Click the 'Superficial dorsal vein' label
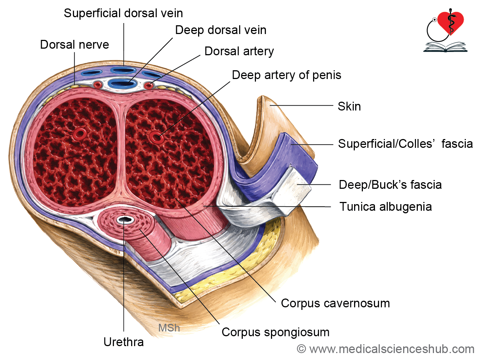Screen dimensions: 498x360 [123, 13]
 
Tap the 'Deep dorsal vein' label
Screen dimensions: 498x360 [221, 30]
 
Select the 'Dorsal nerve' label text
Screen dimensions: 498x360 [74, 45]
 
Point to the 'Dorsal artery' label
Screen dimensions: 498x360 [239, 52]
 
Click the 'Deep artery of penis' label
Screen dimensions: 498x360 [287, 75]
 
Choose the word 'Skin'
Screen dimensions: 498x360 [349, 106]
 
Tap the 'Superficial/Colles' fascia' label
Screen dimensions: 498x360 [405, 144]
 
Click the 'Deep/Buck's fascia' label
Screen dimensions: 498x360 [390, 185]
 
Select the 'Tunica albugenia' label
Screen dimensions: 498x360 [386, 207]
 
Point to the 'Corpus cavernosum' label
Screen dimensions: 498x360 [335, 303]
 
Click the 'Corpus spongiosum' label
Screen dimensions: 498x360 [276, 333]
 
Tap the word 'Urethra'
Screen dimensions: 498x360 [124, 342]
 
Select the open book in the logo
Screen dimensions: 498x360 [445, 47]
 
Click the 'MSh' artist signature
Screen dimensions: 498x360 [169, 328]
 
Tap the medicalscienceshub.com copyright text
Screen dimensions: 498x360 [386, 349]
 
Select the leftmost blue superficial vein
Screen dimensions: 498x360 [92, 72]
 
